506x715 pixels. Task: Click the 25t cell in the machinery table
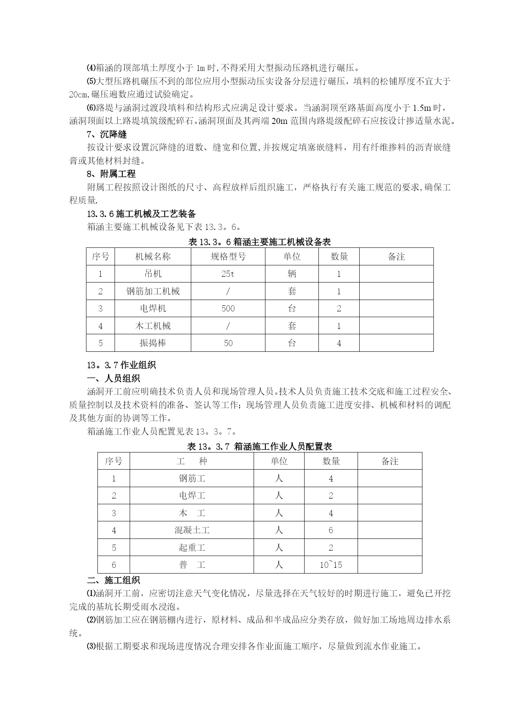(x=228, y=274)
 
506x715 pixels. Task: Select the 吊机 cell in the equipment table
(x=153, y=274)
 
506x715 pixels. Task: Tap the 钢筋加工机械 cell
(x=153, y=291)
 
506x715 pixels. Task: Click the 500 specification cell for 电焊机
(x=228, y=309)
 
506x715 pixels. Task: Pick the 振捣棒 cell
(x=153, y=343)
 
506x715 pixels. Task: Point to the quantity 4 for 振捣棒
(x=339, y=343)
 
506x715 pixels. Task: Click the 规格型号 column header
(x=228, y=256)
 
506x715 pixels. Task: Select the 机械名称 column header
(x=153, y=256)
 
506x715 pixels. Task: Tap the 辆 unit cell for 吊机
(x=292, y=274)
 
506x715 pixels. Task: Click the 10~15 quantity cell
(x=331, y=565)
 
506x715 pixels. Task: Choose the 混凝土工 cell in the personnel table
(x=192, y=530)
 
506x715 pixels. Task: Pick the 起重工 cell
(x=192, y=547)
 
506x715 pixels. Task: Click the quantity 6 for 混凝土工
(x=331, y=530)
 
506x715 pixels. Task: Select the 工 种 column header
(x=192, y=461)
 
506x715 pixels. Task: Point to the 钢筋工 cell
(x=192, y=478)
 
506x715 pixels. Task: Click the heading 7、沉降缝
(x=107, y=135)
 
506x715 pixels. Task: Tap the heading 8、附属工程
(x=111, y=174)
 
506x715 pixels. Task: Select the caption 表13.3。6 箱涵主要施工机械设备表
(x=259, y=242)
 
